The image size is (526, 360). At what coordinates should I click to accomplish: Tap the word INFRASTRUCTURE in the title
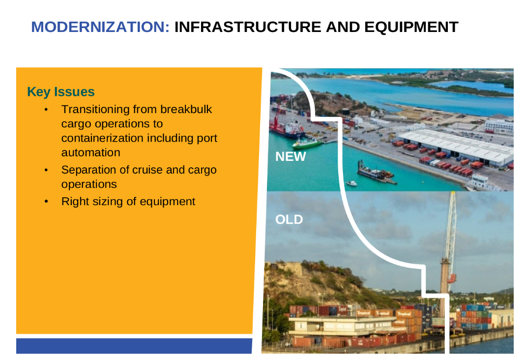tap(248, 27)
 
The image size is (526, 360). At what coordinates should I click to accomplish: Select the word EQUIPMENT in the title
tap(411, 27)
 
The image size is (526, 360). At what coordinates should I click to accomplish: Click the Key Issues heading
tap(61, 91)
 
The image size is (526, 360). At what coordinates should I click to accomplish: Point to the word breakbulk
tap(186, 109)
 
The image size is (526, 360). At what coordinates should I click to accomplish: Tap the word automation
tap(90, 152)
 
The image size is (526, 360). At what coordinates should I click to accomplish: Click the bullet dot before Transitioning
tap(46, 110)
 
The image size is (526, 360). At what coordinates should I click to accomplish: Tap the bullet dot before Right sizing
tap(46, 202)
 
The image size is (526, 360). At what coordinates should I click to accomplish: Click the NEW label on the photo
tap(291, 157)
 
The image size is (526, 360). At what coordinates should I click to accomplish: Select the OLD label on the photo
tap(289, 220)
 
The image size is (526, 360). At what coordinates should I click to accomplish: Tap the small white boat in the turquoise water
tap(351, 183)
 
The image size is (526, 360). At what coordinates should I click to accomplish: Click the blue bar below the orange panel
tap(134, 346)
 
